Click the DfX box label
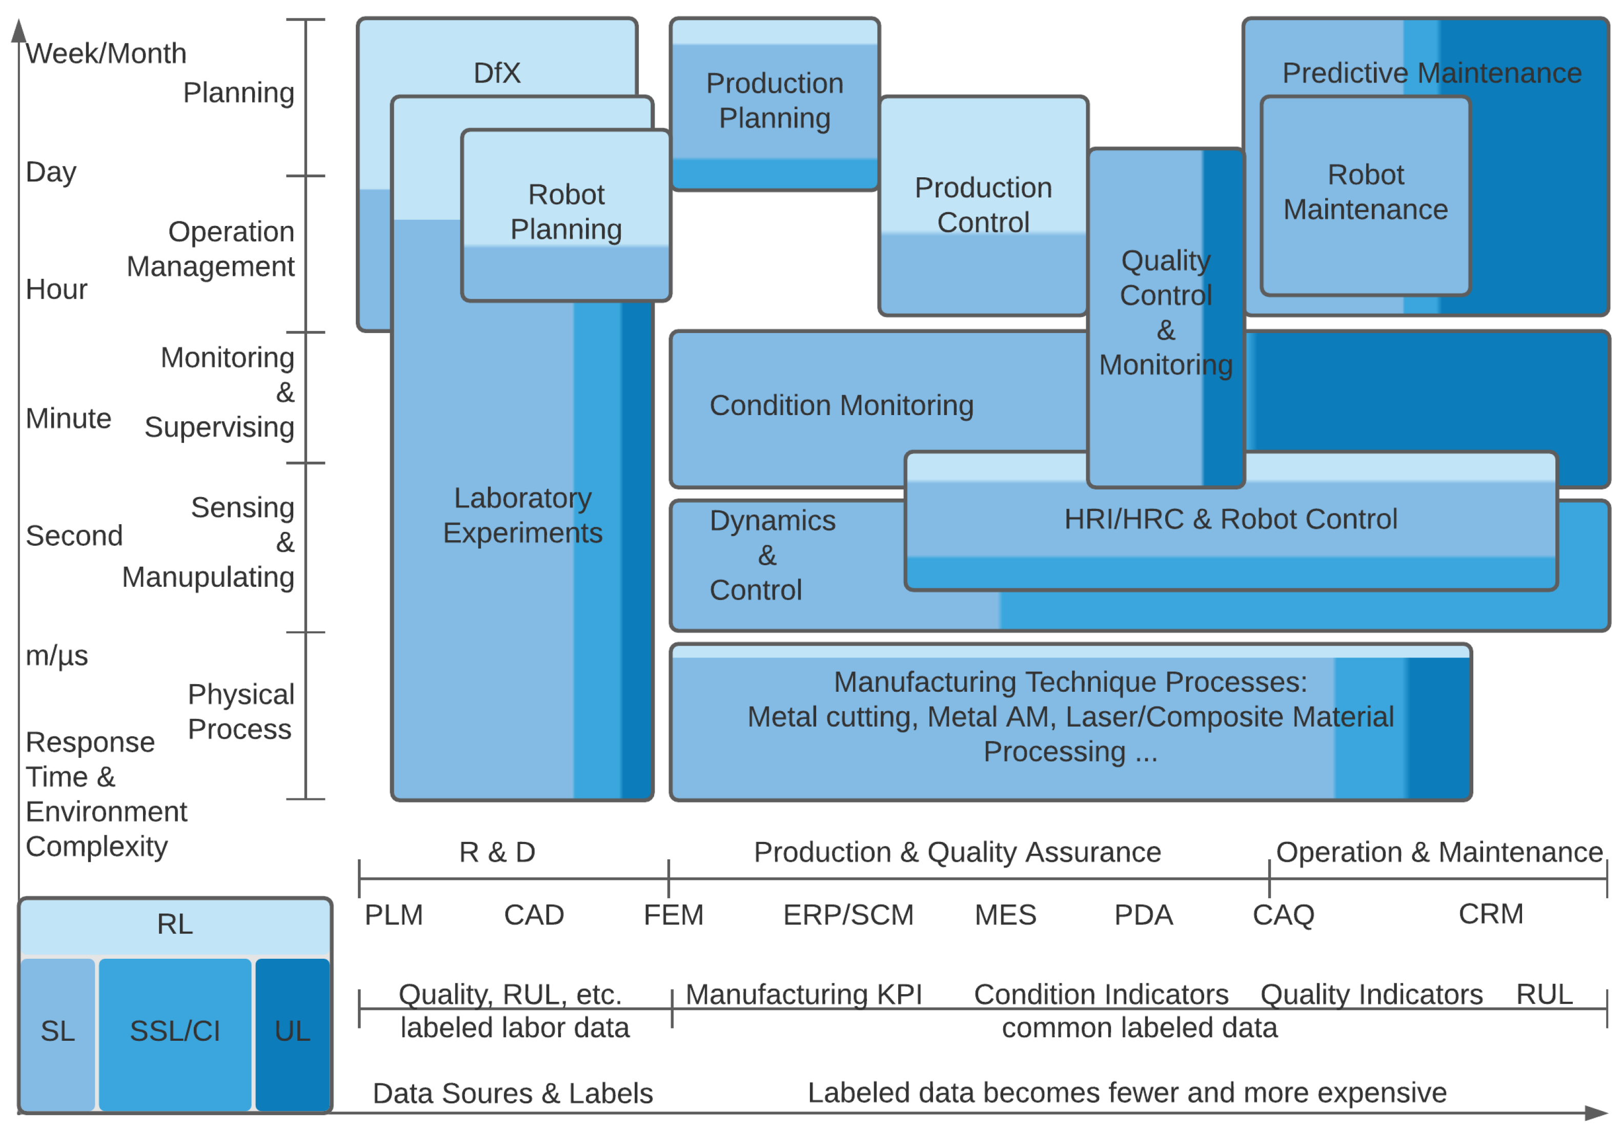(x=497, y=73)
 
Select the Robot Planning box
(x=566, y=212)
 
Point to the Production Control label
(x=983, y=205)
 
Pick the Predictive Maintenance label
(x=1431, y=73)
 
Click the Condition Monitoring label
(x=841, y=405)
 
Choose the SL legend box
(x=57, y=1032)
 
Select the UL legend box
(x=293, y=1032)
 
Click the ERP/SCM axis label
(x=848, y=915)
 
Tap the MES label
(x=1005, y=915)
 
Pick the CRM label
(x=1491, y=914)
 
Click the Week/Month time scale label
(x=106, y=54)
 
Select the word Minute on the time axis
(x=69, y=418)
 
